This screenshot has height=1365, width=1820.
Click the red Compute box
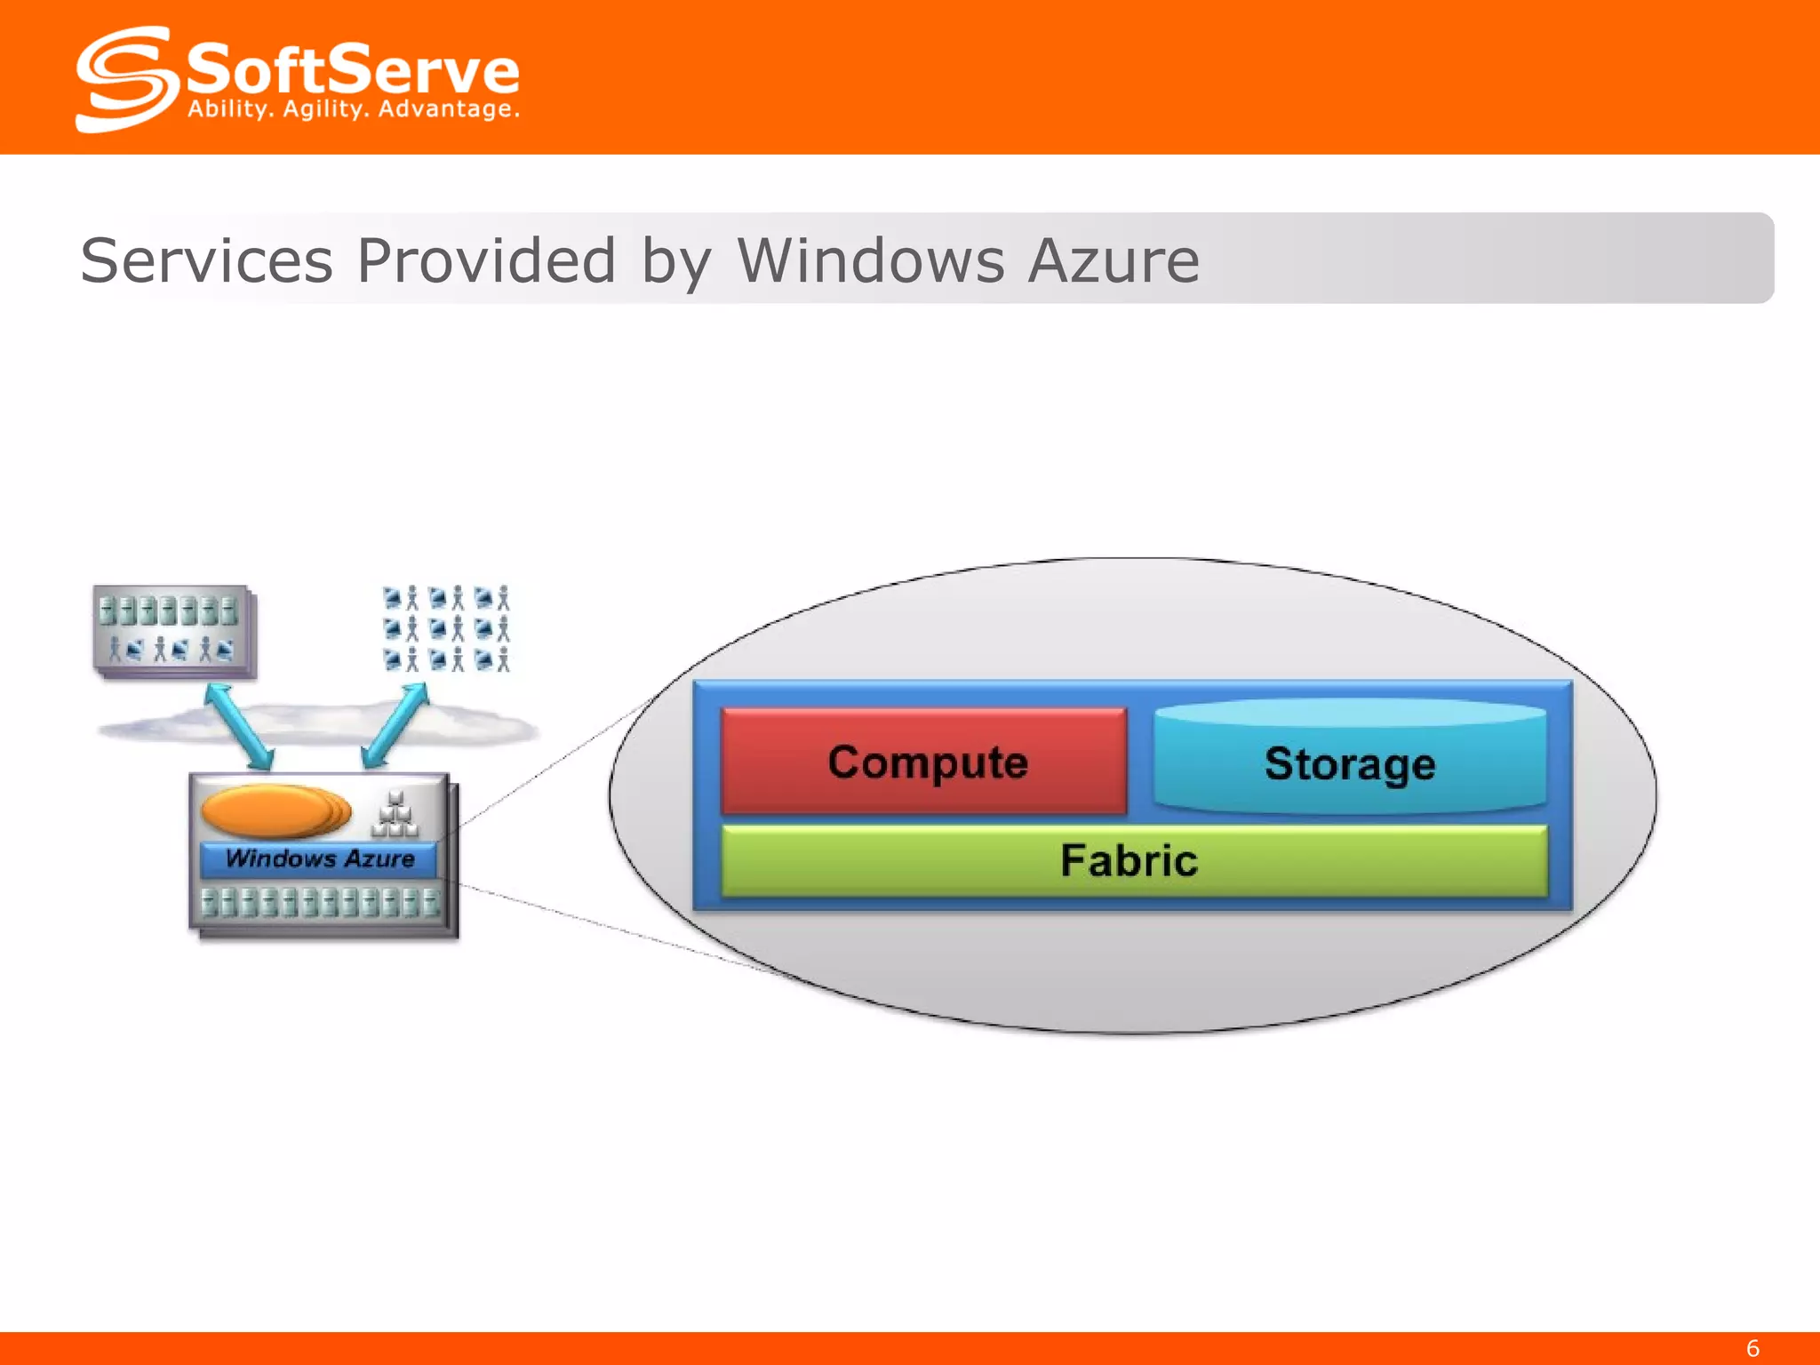(924, 761)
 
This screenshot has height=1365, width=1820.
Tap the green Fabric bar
(1133, 860)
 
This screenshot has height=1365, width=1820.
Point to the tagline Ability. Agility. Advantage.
(353, 109)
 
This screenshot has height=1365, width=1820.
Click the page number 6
(1752, 1348)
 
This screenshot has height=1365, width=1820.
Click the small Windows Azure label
(319, 858)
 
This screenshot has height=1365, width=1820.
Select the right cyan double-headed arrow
(396, 724)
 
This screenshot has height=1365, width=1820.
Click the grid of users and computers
(447, 628)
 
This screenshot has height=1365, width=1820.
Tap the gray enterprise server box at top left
(172, 631)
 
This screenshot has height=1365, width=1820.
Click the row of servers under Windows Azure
(320, 902)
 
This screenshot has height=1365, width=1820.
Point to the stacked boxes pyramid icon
(395, 816)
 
